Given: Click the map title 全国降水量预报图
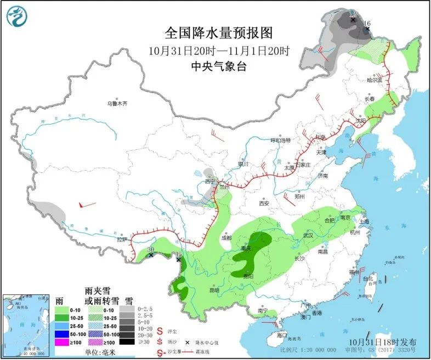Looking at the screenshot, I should [218, 32].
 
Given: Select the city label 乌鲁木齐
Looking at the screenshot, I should [117, 103].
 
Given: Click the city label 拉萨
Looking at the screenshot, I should [122, 239].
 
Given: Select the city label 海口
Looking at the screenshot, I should [282, 335].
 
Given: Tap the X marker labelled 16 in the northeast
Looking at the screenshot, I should [360, 29].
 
